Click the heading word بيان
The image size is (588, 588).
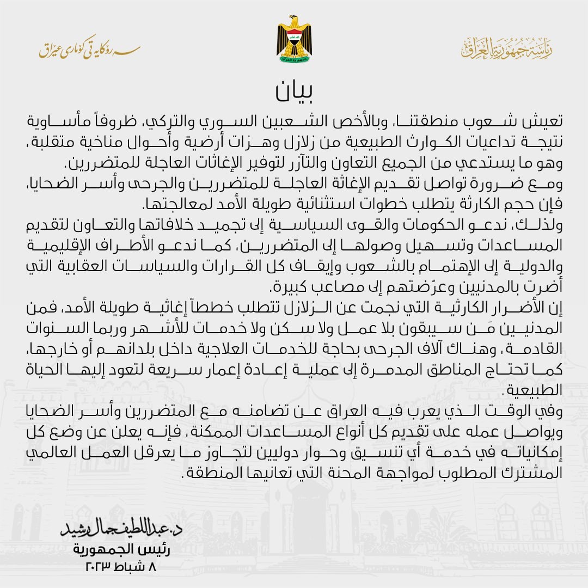click(x=293, y=92)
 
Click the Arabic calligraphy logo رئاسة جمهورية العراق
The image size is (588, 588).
click(x=506, y=49)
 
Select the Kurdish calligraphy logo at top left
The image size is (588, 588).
click(x=89, y=50)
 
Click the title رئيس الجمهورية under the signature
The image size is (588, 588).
click(x=122, y=549)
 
